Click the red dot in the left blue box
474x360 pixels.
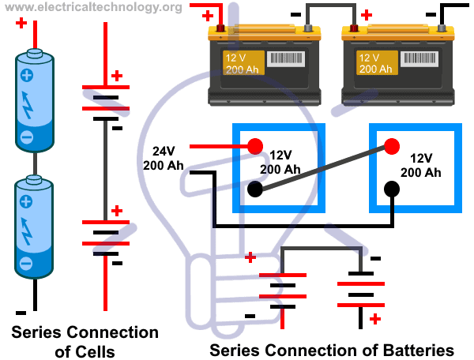(x=255, y=146)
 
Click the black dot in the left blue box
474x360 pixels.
(x=255, y=189)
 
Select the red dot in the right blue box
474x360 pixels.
(x=391, y=146)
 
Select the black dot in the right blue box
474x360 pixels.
(x=391, y=189)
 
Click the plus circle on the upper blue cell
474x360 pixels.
(x=26, y=77)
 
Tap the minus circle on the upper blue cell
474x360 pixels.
(x=26, y=136)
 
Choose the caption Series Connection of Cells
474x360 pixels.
(x=84, y=342)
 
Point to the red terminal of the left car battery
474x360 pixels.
(x=221, y=29)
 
